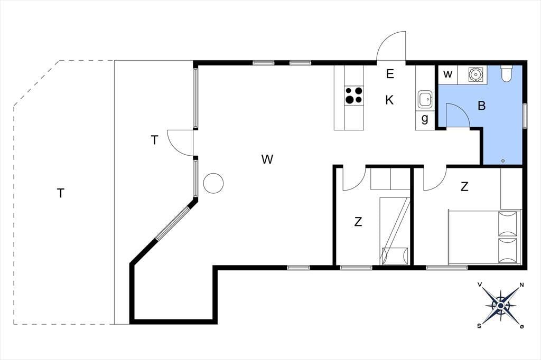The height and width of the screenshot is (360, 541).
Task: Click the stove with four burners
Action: click(x=354, y=96)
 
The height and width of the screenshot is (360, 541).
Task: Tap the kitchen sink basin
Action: click(x=425, y=99)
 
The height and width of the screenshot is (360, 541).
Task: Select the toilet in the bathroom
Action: click(x=507, y=73)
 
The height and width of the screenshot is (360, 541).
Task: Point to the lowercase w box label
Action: click(x=447, y=74)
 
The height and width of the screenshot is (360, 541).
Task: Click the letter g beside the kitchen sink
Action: click(x=425, y=118)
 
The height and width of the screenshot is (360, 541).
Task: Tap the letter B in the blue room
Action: click(x=482, y=106)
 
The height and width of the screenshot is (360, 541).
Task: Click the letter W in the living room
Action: click(x=267, y=159)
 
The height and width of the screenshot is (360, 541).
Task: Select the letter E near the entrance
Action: click(x=390, y=74)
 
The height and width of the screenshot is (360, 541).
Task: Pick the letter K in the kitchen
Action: click(x=389, y=100)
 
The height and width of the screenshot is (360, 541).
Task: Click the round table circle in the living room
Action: click(x=213, y=183)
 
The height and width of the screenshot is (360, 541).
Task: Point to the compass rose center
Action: click(x=501, y=306)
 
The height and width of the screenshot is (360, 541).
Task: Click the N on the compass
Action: click(x=521, y=285)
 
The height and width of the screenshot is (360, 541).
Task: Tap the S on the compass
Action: click(x=479, y=326)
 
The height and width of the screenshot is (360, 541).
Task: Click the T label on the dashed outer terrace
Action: click(x=61, y=193)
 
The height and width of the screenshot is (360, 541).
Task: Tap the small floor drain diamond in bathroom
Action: click(x=503, y=160)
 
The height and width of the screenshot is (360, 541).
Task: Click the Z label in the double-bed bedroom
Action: click(x=464, y=186)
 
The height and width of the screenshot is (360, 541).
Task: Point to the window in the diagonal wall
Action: click(x=172, y=223)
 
